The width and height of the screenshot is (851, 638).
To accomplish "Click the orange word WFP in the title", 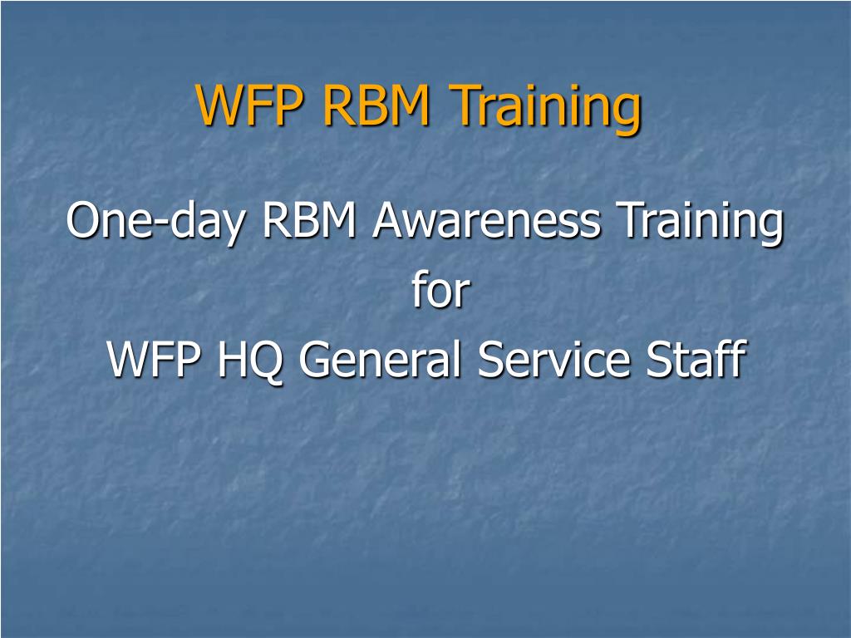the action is click(x=249, y=105).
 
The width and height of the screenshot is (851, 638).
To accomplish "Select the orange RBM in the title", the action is click(x=376, y=105).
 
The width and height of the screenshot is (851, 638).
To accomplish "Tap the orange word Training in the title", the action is click(x=547, y=109).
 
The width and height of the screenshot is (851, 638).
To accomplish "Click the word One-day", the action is click(x=155, y=221).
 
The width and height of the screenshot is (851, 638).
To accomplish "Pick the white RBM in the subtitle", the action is click(x=309, y=220).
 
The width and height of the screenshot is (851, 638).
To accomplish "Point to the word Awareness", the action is click(x=486, y=220).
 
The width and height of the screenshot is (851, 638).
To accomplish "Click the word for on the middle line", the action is click(x=440, y=289).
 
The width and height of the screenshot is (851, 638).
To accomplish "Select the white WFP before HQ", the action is click(x=154, y=359).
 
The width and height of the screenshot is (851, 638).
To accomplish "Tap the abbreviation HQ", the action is click(x=249, y=361).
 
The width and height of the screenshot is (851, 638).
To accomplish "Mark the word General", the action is click(x=380, y=358).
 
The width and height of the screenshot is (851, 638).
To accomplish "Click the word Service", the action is click(x=553, y=358).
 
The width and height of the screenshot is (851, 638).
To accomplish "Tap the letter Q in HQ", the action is click(x=265, y=363).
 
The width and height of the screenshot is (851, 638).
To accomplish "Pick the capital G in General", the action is click(x=316, y=359).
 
